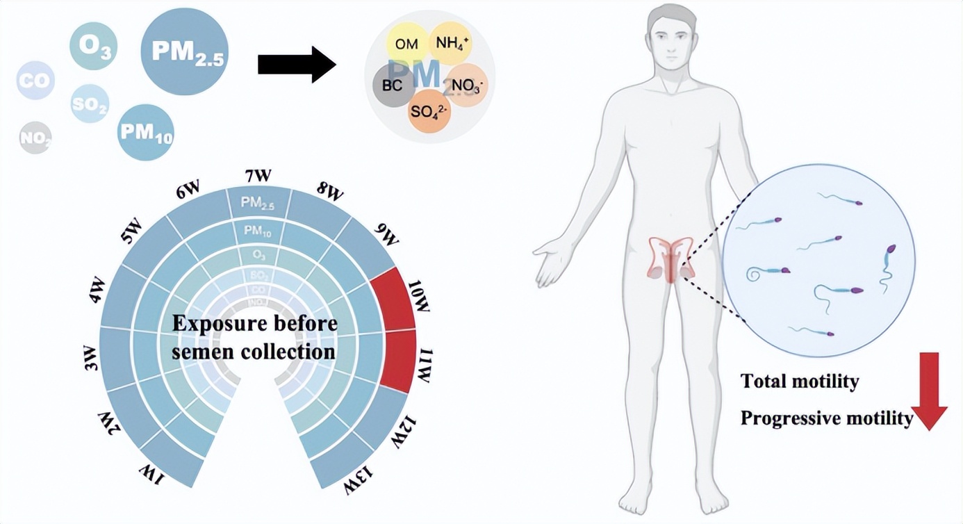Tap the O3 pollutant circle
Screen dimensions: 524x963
point(94,47)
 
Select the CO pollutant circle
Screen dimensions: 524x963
point(35,81)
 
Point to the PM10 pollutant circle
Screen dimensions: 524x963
point(145,133)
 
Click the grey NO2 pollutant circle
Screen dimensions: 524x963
point(35,138)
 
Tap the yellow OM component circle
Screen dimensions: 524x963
point(406,44)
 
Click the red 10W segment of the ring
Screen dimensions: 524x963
point(393,299)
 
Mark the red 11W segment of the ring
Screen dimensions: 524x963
point(398,361)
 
